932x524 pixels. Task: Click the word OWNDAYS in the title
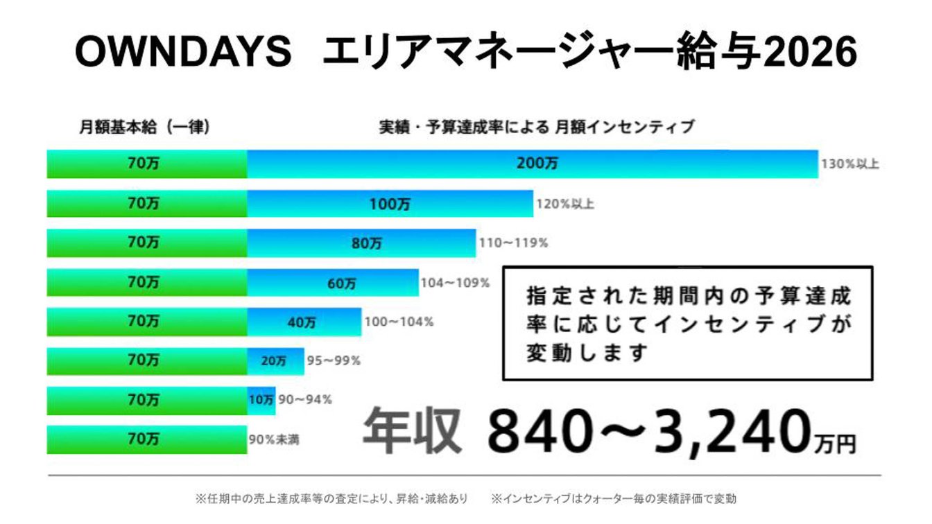click(x=183, y=52)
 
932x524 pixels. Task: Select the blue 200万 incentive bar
click(x=532, y=164)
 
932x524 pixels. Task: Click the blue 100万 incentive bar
click(x=390, y=204)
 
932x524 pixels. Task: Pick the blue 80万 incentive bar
click(x=361, y=243)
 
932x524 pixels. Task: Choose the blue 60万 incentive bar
click(x=333, y=283)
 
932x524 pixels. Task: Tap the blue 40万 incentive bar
click(x=304, y=322)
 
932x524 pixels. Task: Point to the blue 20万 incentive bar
click(x=275, y=360)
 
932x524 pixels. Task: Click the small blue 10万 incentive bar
click(x=261, y=400)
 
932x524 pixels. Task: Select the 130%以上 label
click(x=850, y=165)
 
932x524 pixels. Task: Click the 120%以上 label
click(x=565, y=204)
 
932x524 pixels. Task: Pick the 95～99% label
click(x=334, y=360)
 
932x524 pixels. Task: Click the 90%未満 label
click(x=275, y=439)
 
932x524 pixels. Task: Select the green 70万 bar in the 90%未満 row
click(x=146, y=439)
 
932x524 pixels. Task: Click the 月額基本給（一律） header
click(x=144, y=128)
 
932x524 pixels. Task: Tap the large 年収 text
click(x=413, y=431)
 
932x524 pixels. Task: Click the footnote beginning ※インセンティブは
click(x=613, y=498)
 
